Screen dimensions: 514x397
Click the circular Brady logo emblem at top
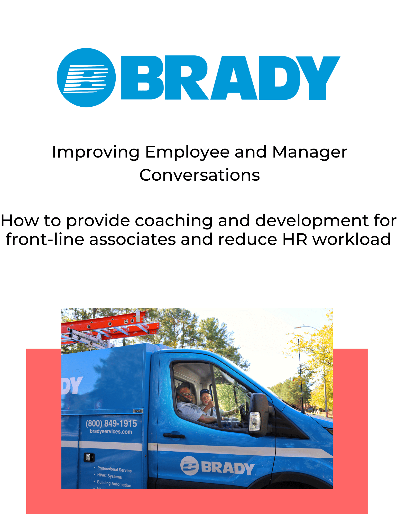(86, 78)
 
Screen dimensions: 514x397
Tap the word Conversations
(200, 175)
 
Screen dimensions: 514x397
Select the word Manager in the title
(310, 152)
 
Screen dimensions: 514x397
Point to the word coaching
(174, 221)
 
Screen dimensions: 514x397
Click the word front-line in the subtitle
(45, 240)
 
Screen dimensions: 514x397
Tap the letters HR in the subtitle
(295, 240)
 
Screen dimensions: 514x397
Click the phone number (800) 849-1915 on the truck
(111, 424)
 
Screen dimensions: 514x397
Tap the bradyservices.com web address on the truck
(111, 432)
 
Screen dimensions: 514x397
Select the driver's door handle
(174, 435)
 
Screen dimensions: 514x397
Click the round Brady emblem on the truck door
(189, 465)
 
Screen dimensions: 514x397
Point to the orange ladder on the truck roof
(110, 324)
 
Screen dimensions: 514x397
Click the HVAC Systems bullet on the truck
(109, 476)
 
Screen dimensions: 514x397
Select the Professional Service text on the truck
(114, 470)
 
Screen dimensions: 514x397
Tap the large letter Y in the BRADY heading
(318, 77)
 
